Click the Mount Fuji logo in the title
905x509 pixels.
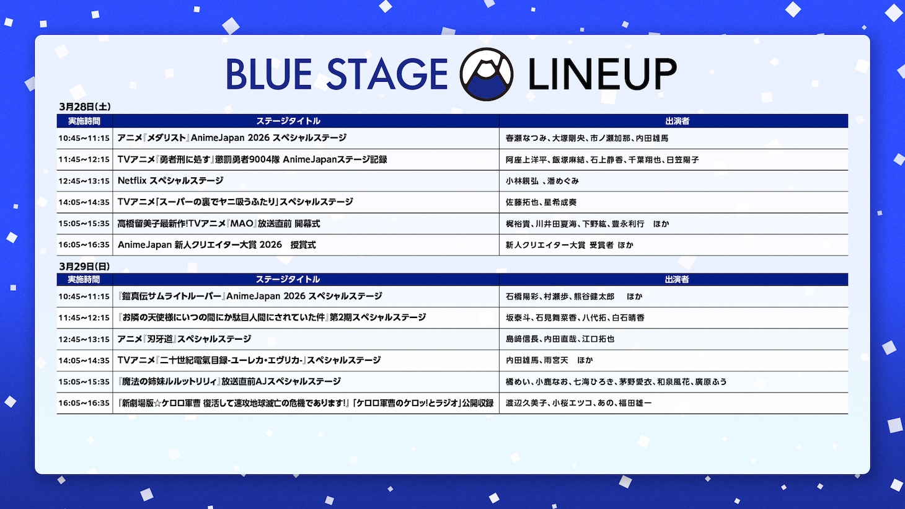point(487,74)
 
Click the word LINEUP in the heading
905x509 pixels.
point(601,74)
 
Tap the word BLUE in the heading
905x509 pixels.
point(268,74)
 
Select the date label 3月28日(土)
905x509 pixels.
point(85,107)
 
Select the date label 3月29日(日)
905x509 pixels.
point(84,266)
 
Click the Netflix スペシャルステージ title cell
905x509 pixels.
point(170,181)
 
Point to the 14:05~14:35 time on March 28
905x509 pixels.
point(84,202)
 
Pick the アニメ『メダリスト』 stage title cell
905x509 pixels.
point(232,138)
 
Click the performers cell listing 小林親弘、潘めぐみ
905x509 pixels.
point(542,181)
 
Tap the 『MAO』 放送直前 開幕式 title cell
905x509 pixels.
point(219,224)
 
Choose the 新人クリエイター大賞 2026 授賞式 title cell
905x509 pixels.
point(216,245)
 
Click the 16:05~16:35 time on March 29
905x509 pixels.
point(84,403)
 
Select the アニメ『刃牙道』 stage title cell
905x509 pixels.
point(184,339)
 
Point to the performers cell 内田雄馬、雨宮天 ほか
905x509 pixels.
point(549,360)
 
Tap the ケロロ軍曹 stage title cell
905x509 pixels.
point(306,403)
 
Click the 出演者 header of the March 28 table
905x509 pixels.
point(677,121)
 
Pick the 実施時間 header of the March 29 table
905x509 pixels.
point(84,280)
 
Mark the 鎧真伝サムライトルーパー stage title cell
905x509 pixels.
point(250,296)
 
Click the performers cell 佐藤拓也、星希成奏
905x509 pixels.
point(541,202)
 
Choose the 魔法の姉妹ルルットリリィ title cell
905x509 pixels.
point(229,382)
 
